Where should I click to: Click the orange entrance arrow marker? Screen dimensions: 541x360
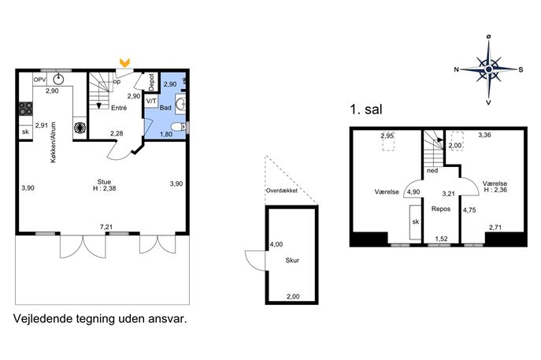click(x=124, y=63)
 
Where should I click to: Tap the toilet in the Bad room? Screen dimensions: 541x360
click(x=179, y=128)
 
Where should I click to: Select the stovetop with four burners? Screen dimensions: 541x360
click(x=25, y=108)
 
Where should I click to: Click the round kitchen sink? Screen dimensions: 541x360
click(x=58, y=79)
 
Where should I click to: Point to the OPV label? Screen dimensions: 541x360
click(x=39, y=80)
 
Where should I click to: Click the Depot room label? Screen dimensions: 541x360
click(x=151, y=82)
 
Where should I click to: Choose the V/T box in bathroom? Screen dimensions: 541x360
click(x=151, y=102)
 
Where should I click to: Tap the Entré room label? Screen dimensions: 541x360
click(x=119, y=108)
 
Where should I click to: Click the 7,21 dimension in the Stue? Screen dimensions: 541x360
click(x=106, y=227)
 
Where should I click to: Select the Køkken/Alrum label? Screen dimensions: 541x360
click(x=53, y=143)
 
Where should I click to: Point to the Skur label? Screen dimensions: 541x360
click(x=292, y=260)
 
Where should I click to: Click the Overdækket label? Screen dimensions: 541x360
click(x=282, y=191)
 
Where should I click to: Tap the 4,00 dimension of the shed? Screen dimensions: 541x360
click(x=276, y=244)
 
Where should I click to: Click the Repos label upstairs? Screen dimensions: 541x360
click(x=441, y=209)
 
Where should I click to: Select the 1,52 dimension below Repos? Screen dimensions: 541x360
click(x=441, y=239)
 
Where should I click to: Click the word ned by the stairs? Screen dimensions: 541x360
click(x=432, y=170)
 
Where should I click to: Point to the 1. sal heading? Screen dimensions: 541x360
click(x=366, y=109)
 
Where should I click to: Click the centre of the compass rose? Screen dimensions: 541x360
click(x=488, y=70)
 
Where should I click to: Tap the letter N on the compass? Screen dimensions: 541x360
click(x=457, y=70)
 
